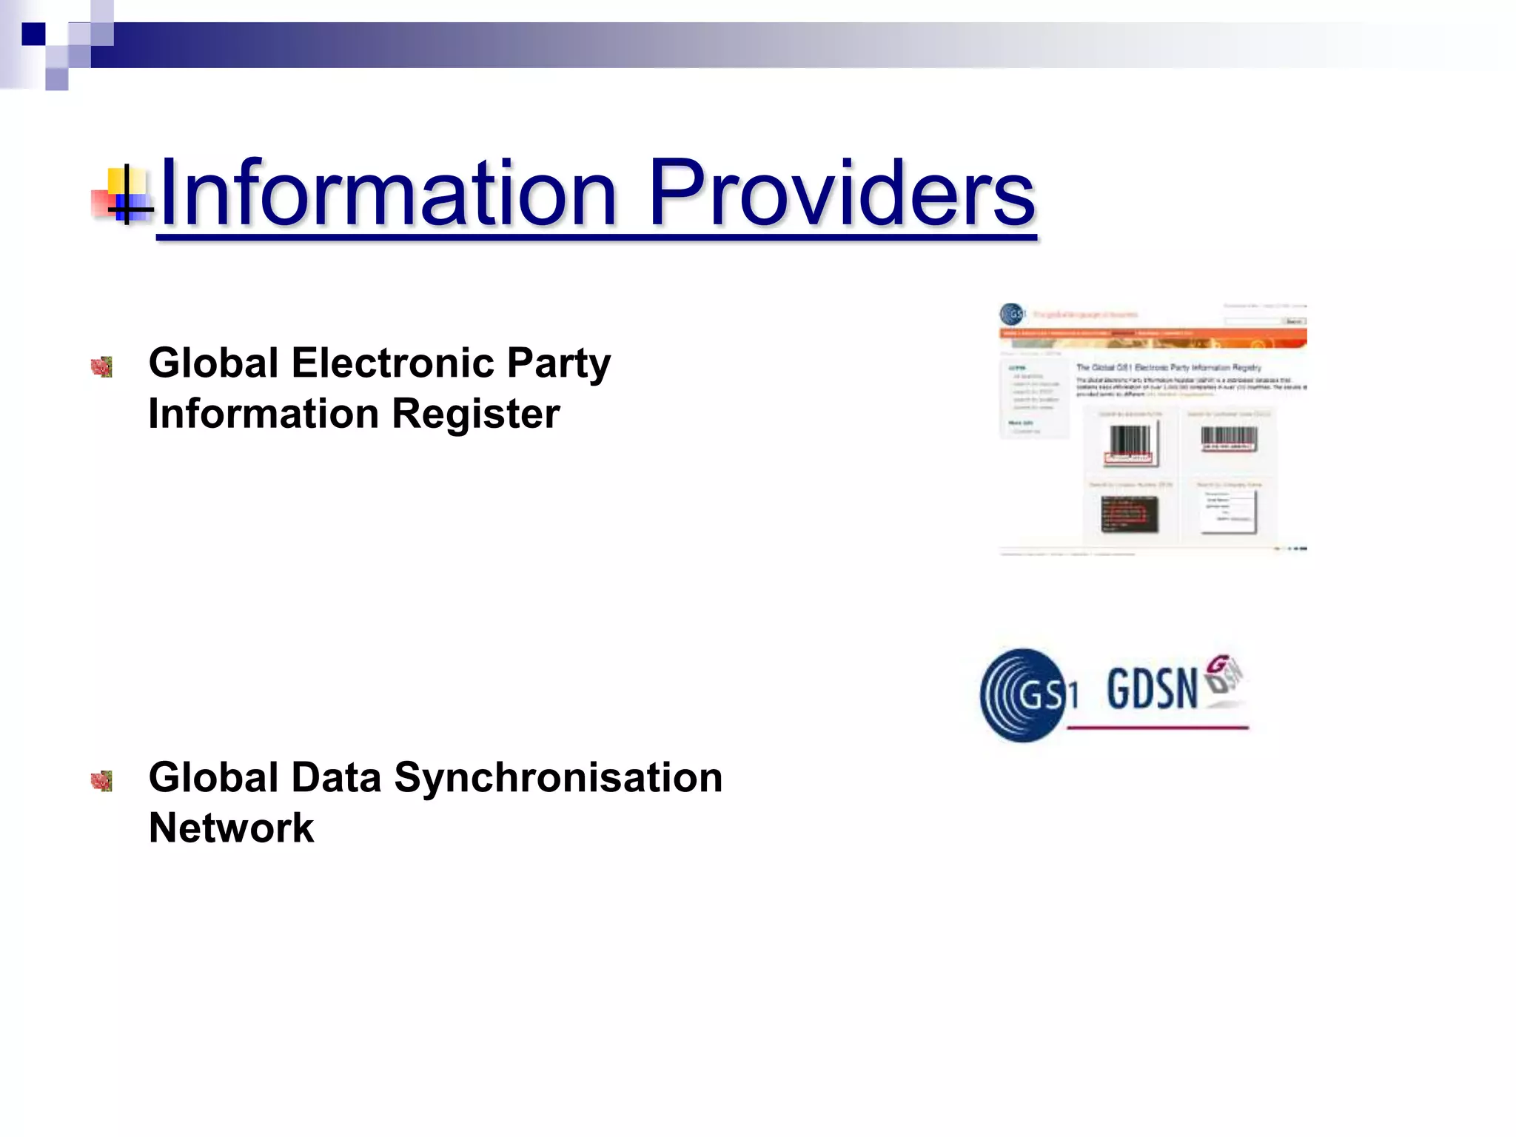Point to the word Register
click(475, 413)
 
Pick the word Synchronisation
click(558, 777)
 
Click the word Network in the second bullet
click(231, 828)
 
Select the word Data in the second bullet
click(336, 777)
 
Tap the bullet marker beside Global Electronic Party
click(101, 366)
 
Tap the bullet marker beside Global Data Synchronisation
click(101, 781)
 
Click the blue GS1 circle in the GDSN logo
click(1026, 695)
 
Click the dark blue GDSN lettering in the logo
click(1152, 689)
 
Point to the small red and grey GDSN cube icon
click(1223, 674)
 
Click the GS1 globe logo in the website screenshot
click(1012, 315)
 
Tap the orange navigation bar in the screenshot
click(1152, 334)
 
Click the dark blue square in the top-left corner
click(33, 34)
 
